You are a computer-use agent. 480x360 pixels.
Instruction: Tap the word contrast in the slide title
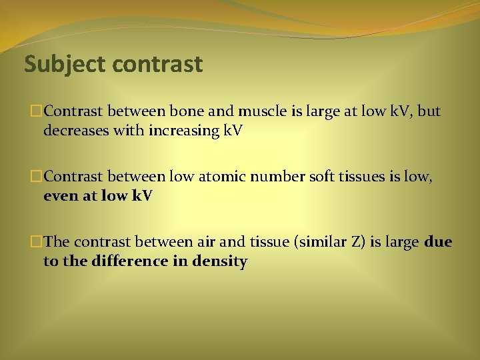click(x=157, y=65)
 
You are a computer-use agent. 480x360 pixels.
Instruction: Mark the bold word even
click(x=59, y=195)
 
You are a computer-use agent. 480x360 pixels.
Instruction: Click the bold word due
click(x=438, y=241)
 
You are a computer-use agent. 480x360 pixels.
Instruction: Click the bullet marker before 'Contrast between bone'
click(x=37, y=111)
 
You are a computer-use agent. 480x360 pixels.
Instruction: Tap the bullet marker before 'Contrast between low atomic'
click(x=37, y=177)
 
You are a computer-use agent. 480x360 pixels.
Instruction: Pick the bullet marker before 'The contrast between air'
click(x=37, y=242)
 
